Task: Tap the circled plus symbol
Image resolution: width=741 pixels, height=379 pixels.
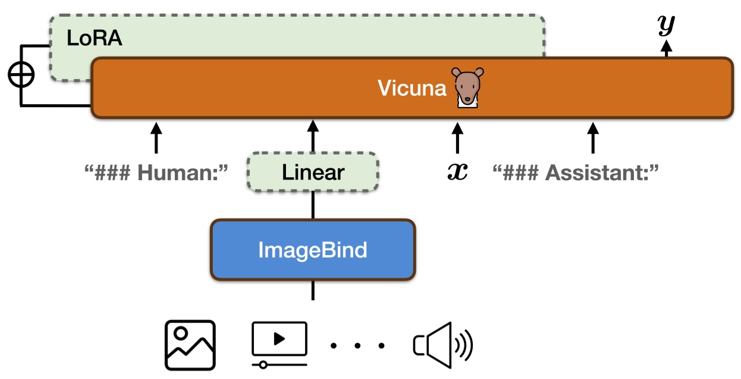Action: click(x=21, y=75)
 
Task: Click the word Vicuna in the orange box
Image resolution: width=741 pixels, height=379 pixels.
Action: click(x=412, y=88)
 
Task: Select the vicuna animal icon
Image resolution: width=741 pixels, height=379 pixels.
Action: click(x=467, y=87)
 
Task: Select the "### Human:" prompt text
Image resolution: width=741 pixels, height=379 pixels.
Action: click(x=157, y=173)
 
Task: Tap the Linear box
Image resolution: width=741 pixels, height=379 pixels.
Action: click(x=313, y=173)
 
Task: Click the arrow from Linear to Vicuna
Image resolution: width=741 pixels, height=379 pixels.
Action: click(x=313, y=136)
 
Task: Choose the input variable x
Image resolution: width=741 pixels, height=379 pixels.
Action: click(x=457, y=172)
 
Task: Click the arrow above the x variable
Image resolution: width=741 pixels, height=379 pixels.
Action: click(x=457, y=137)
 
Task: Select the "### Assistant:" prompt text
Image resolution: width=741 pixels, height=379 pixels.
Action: click(x=576, y=173)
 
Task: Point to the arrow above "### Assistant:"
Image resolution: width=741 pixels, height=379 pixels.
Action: click(x=592, y=137)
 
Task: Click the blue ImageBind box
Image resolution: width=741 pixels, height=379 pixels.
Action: click(x=313, y=250)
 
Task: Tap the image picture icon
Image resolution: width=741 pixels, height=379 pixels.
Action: click(x=190, y=345)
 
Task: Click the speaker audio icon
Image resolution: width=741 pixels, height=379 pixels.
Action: click(x=442, y=344)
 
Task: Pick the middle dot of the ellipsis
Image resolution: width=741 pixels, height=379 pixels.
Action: click(x=357, y=345)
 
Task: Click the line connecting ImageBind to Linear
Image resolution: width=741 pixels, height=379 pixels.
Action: click(x=313, y=205)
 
